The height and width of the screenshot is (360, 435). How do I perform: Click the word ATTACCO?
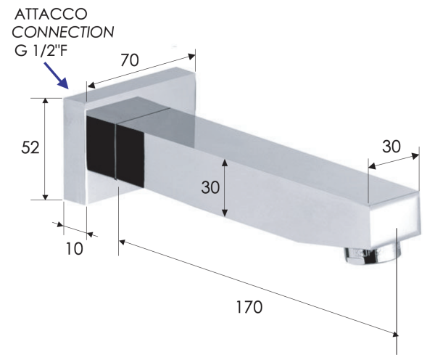[51, 15]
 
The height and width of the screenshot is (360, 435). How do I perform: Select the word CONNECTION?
[63, 32]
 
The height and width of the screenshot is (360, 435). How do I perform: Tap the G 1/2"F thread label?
[41, 50]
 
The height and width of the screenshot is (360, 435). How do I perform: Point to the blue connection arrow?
[56, 75]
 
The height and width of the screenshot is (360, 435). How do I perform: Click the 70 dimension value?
[130, 60]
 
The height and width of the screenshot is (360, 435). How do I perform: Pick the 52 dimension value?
[30, 147]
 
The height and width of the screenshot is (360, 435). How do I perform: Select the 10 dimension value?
[75, 249]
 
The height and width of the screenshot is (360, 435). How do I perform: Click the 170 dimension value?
[249, 307]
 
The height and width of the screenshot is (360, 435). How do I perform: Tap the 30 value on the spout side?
[210, 187]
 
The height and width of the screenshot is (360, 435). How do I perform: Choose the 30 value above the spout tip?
[391, 147]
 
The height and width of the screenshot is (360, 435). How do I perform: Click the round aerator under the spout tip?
[373, 253]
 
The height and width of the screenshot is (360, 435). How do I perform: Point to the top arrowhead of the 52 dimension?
[46, 101]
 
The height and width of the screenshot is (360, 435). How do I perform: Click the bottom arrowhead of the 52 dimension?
[46, 197]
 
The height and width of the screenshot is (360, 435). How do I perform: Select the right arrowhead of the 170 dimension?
[394, 334]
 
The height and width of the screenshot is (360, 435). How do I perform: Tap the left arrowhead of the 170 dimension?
[123, 242]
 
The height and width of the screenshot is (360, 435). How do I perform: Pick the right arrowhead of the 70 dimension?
[191, 56]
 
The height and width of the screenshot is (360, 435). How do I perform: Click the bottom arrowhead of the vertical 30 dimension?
[225, 213]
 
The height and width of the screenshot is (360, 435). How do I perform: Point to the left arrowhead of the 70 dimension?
[91, 86]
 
